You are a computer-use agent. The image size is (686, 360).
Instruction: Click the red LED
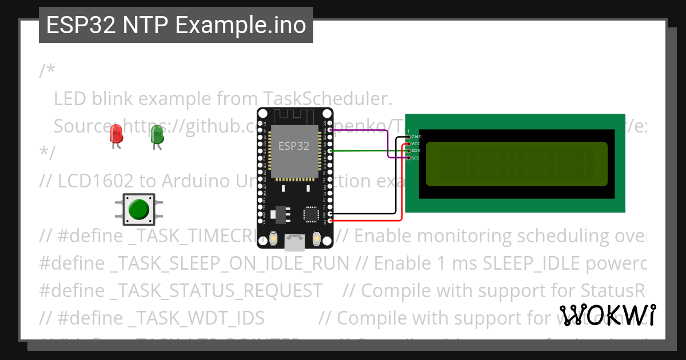[117, 135]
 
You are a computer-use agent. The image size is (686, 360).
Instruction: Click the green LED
[157, 135]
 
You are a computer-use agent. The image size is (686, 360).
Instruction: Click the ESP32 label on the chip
[294, 146]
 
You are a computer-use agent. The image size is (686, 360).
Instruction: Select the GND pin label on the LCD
[416, 137]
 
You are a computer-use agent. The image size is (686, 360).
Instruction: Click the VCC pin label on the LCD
[416, 144]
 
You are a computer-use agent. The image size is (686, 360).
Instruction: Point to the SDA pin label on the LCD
[416, 151]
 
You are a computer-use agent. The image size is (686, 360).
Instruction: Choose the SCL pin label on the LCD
[416, 158]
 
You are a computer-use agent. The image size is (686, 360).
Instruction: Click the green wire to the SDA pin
[366, 151]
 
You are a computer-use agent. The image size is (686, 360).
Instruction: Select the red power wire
[366, 220]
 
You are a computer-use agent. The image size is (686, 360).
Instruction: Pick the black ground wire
[366, 214]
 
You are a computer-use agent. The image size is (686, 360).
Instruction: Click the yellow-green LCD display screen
[517, 164]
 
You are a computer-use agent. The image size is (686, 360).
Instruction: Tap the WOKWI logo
[607, 315]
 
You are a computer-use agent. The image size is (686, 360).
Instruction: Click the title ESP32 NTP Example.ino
[176, 25]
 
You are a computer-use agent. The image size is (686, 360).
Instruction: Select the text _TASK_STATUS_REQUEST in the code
[217, 290]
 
